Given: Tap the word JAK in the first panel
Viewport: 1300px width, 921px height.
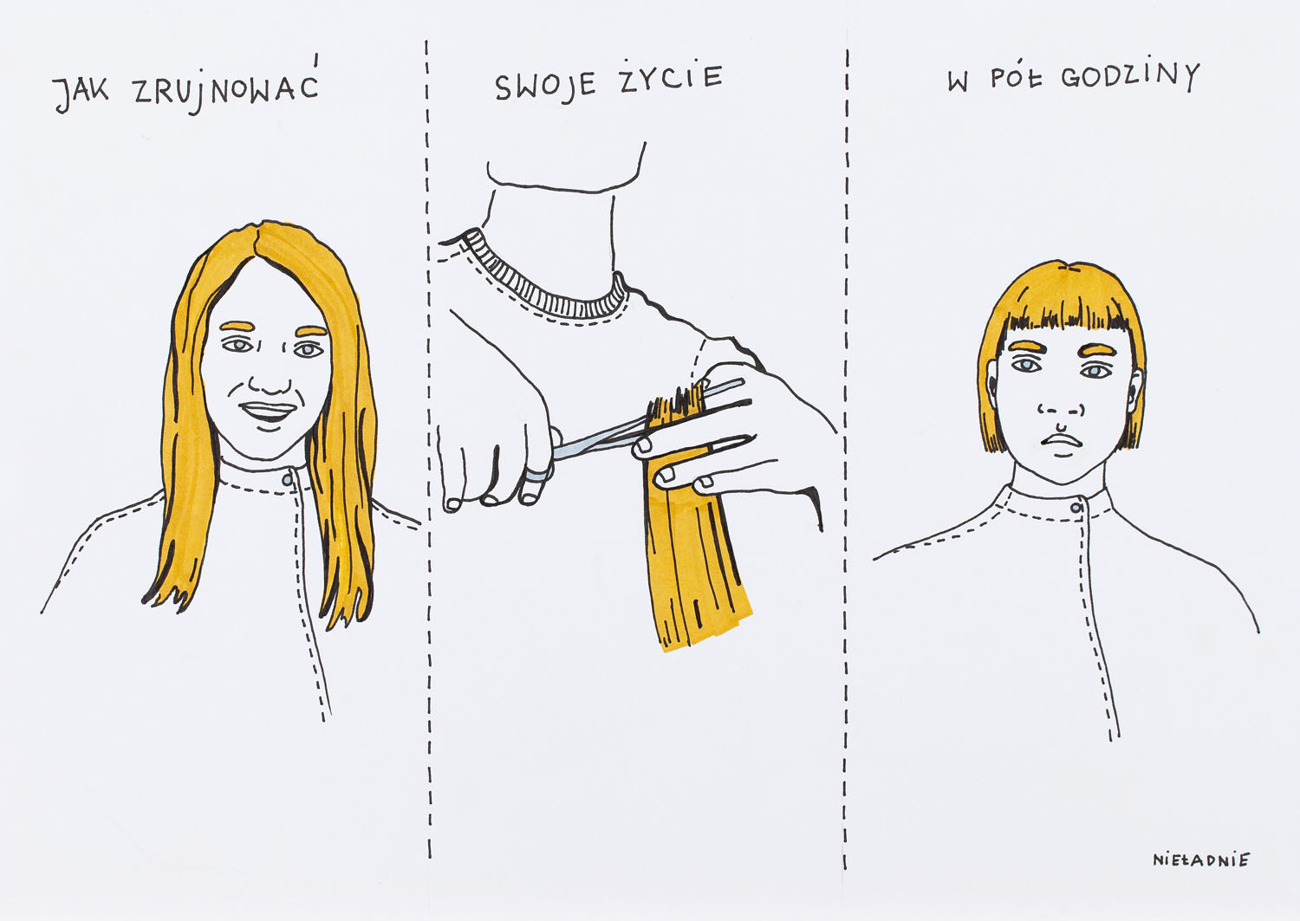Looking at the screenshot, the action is tap(81, 94).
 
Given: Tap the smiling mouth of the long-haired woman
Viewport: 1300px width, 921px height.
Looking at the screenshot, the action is tap(268, 413).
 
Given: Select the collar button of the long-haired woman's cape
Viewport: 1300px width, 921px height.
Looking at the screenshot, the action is tap(287, 479).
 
